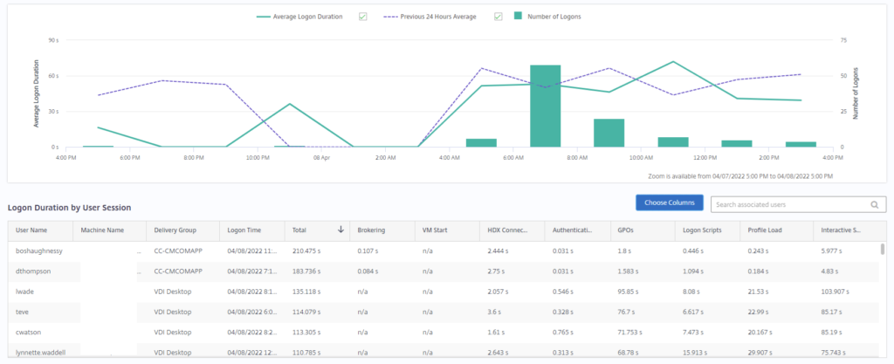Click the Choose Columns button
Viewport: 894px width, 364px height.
tap(670, 203)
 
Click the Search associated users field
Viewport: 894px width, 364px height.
tap(790, 205)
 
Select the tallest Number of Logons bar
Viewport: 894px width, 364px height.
tap(546, 106)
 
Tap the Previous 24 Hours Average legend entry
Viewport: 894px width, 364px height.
tap(431, 17)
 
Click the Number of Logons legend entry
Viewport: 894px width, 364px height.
tap(547, 17)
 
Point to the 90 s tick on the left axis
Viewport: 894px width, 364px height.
tap(52, 40)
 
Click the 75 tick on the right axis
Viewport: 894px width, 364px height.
tap(843, 40)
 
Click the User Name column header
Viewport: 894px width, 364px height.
tap(33, 230)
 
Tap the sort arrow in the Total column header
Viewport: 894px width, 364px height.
tap(340, 230)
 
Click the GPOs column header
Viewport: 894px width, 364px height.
tap(625, 230)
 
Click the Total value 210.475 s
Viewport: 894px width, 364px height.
tap(308, 251)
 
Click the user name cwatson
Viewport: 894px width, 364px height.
tap(31, 332)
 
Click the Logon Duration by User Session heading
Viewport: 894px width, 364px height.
tap(69, 208)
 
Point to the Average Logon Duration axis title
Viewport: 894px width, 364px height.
tap(37, 94)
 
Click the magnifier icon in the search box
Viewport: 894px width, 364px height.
tap(874, 205)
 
